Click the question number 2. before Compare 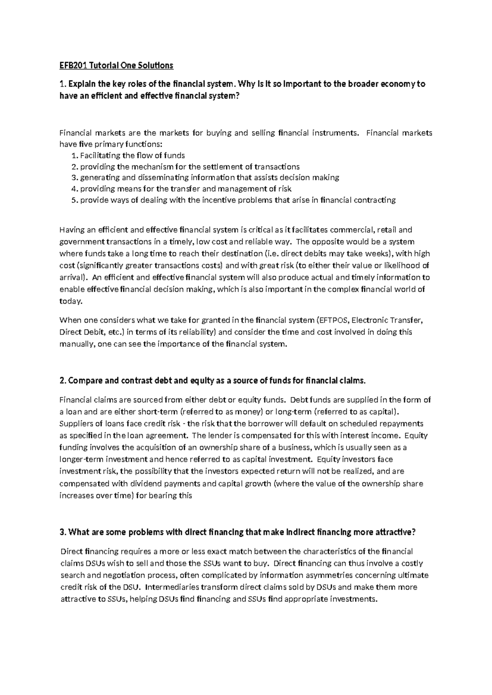[x=63, y=381]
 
